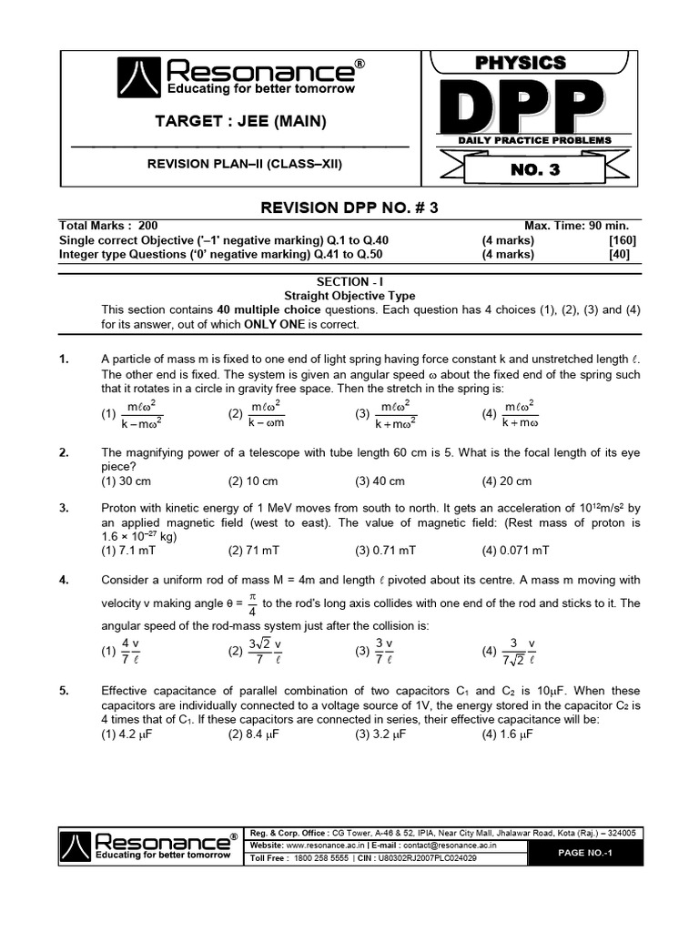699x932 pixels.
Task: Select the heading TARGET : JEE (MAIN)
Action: tap(240, 122)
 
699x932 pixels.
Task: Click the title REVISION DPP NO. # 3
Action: tap(349, 208)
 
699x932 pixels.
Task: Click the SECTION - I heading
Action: tap(349, 282)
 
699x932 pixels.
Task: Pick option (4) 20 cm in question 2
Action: tap(507, 481)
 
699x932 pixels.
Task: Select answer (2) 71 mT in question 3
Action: tap(256, 551)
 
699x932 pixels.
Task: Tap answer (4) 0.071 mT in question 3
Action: tap(516, 551)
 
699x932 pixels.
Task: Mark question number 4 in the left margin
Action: tap(64, 580)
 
